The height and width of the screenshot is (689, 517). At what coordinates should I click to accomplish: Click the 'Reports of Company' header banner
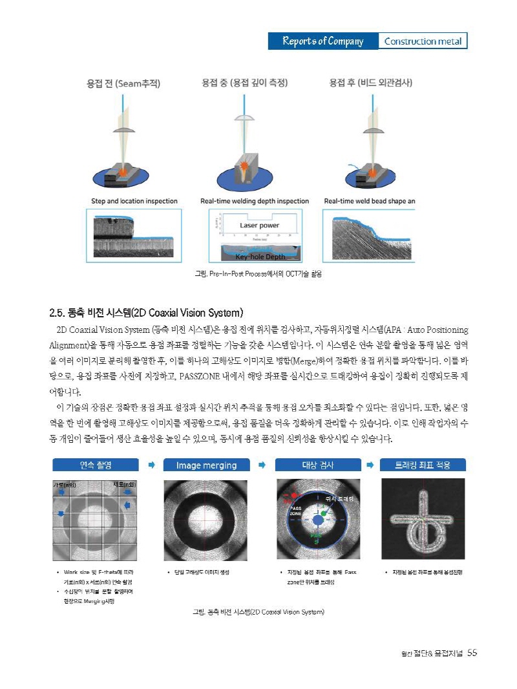[322, 41]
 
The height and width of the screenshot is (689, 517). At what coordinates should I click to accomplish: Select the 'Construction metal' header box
[423, 41]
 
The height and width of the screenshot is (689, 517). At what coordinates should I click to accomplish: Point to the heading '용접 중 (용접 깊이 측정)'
[244, 83]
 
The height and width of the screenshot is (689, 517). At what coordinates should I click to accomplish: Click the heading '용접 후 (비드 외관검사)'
[370, 83]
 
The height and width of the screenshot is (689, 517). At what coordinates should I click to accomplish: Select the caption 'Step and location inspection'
[134, 201]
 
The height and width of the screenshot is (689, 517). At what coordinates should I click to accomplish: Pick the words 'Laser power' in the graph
[259, 226]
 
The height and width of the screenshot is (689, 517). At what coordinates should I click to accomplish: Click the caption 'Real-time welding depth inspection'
[255, 201]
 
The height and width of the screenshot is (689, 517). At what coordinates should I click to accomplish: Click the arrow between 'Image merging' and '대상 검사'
[262, 465]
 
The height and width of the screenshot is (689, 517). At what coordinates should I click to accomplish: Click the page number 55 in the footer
[472, 653]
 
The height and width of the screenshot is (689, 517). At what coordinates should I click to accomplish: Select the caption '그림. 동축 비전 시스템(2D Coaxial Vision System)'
[258, 611]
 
